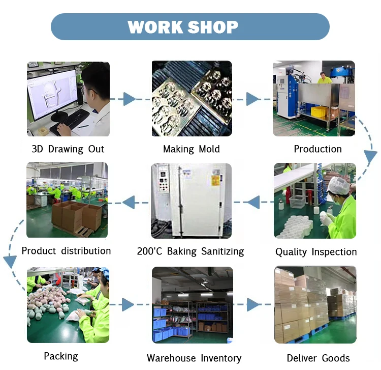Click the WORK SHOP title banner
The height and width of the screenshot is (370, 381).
(190, 27)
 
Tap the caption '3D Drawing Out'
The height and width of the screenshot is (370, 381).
(68, 149)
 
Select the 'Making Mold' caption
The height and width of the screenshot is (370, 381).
(192, 149)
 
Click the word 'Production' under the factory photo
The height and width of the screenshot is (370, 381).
(317, 149)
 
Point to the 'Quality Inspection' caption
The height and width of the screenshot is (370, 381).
(316, 252)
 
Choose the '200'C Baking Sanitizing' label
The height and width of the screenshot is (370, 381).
(190, 251)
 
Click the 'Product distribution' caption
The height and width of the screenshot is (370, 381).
(66, 251)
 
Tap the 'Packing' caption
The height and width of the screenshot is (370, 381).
(60, 356)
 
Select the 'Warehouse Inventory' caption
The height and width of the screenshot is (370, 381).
(194, 358)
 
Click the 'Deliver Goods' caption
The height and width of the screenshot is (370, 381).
(318, 358)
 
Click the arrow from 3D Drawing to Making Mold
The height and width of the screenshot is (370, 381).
(129, 99)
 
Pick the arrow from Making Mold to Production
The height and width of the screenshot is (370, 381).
(252, 99)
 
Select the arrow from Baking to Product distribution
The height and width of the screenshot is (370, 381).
(129, 203)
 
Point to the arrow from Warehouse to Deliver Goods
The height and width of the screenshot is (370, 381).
(252, 305)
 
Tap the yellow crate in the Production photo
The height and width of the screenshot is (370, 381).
(319, 112)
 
